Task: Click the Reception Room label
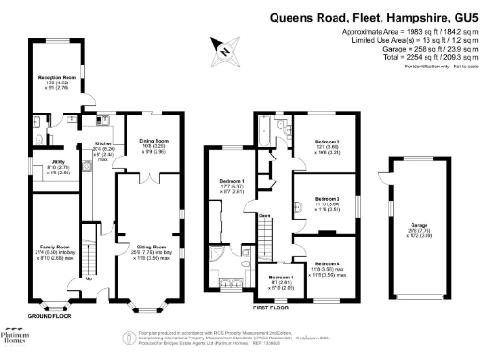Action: point(57,80)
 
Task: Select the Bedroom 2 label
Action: point(328,142)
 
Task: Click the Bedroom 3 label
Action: point(328,200)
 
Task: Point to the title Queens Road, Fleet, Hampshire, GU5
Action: point(371,16)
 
